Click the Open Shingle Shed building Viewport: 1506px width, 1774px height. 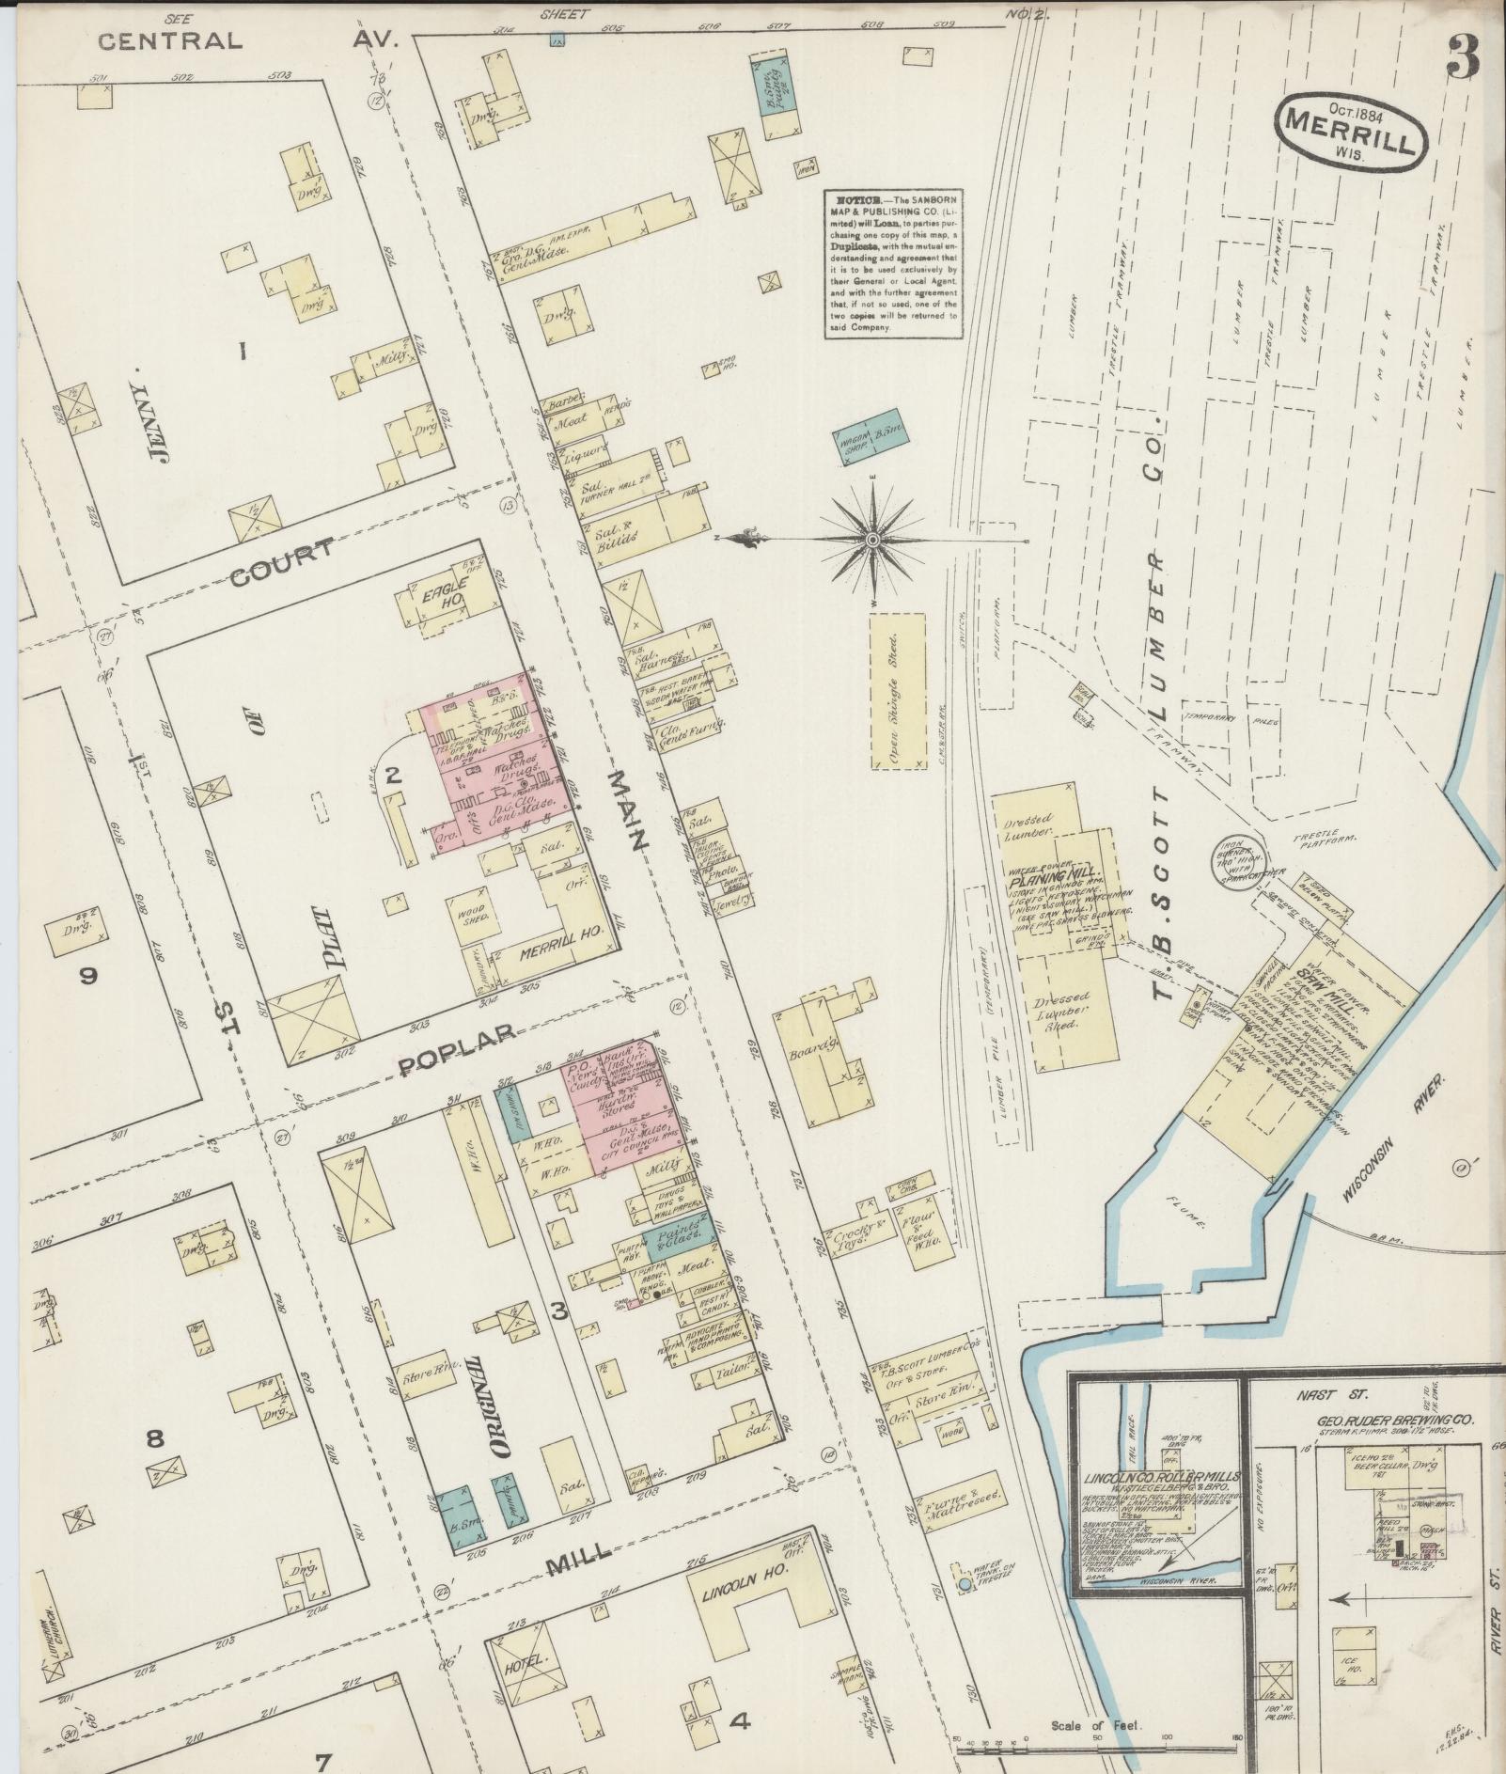(x=898, y=691)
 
